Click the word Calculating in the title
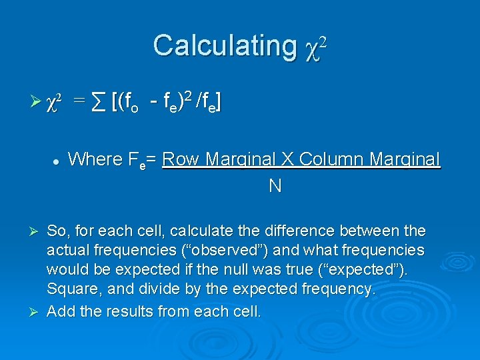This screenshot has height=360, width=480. click(224, 46)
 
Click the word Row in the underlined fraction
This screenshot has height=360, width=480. click(181, 159)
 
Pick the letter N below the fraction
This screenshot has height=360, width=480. click(274, 186)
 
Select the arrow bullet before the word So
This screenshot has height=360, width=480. click(37, 231)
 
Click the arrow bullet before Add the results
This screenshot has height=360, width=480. click(37, 311)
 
